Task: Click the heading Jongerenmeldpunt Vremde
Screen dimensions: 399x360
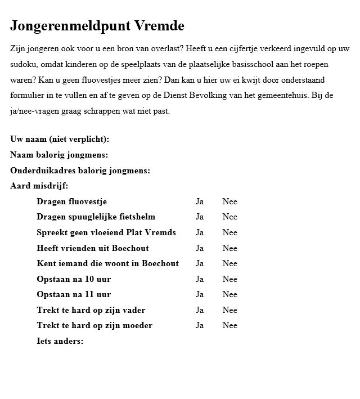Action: (97, 26)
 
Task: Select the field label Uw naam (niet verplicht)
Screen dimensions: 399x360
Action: (60, 140)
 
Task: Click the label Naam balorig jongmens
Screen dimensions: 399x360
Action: (59, 155)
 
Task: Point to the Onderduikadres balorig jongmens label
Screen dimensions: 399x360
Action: (80, 171)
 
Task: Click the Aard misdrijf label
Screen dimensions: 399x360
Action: (39, 186)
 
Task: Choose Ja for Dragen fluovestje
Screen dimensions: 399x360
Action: (200, 201)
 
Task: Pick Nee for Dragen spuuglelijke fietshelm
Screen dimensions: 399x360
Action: (229, 217)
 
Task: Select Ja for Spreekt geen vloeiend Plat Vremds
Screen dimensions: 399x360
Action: (200, 232)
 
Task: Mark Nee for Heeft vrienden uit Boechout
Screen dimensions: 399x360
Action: (229, 248)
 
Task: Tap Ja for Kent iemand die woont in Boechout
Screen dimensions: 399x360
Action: (200, 263)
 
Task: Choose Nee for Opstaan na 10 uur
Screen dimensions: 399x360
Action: (229, 279)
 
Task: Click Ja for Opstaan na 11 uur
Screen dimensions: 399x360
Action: (200, 294)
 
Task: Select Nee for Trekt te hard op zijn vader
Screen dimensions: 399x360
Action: (229, 310)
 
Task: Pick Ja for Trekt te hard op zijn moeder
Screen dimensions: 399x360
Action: (200, 325)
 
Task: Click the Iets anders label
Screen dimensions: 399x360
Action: (60, 341)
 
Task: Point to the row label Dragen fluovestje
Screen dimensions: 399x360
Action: (71, 201)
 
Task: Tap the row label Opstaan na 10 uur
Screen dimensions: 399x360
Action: (74, 279)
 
